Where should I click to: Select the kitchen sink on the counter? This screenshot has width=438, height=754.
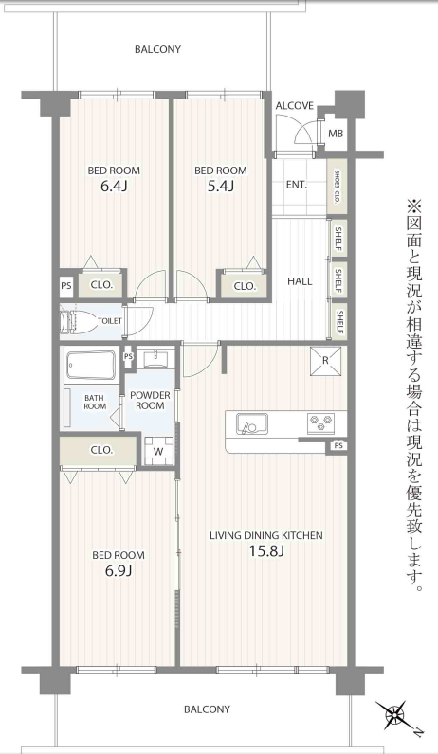pos(252,423)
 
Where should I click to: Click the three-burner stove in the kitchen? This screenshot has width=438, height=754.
pos(321,423)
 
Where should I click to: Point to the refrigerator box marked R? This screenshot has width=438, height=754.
pos(325,360)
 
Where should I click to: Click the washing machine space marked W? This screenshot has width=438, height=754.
pos(158,451)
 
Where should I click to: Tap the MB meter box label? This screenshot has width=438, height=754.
pos(336,134)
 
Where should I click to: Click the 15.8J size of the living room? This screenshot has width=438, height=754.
pos(266,551)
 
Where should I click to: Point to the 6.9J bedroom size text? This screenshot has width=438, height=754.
pos(119,571)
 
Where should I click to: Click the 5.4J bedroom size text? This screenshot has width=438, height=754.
pos(221,186)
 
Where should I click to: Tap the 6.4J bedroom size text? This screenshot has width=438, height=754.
pos(114,186)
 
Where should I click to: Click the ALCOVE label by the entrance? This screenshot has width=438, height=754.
pos(295,106)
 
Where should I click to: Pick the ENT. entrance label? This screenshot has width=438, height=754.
pos(297,184)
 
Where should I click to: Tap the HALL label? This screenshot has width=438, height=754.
pos(300,281)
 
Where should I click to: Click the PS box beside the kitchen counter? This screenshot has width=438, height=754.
pos(338,446)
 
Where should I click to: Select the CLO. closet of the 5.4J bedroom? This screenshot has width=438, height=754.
pos(244,286)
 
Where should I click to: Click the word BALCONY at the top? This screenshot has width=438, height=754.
pos(157,49)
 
